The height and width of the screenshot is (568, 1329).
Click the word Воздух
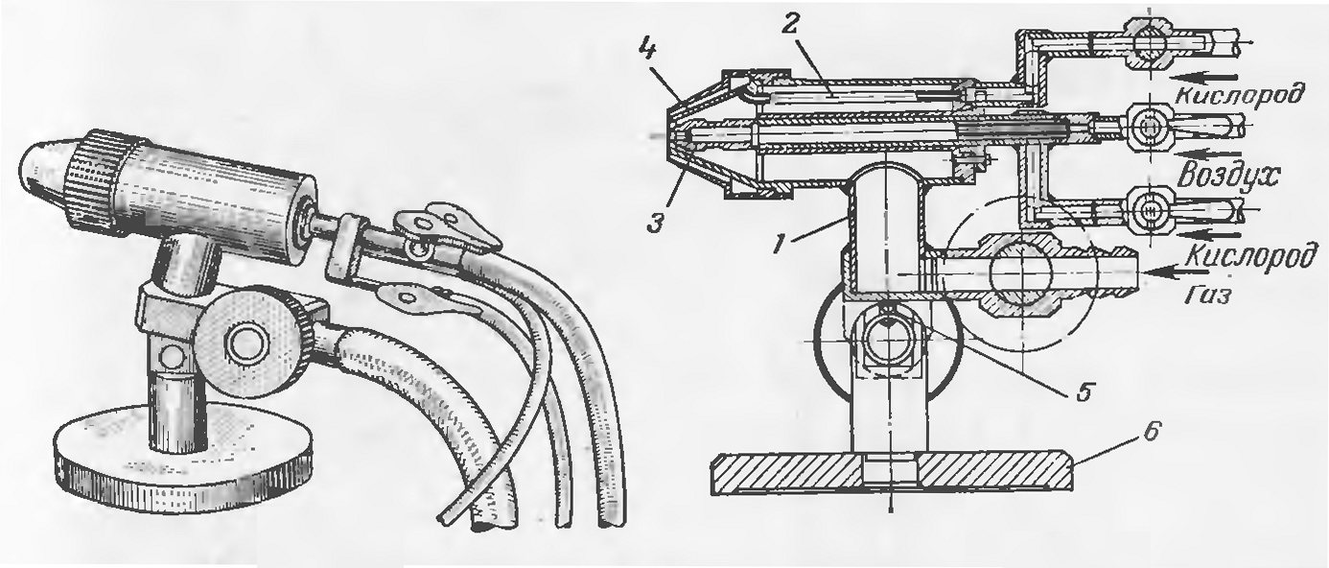(x=1228, y=175)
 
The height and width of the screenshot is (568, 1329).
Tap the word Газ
(x=1208, y=295)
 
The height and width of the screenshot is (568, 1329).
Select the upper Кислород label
(x=1235, y=94)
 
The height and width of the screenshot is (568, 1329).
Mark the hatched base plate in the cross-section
(x=892, y=472)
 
